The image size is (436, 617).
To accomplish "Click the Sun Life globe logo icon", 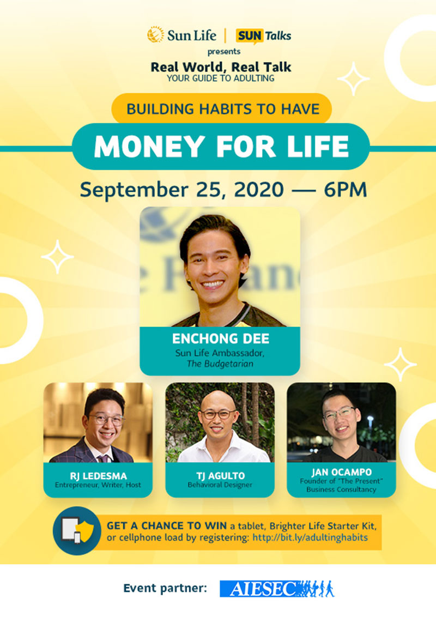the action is tap(156, 35).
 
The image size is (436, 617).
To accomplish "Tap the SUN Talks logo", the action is tap(263, 36).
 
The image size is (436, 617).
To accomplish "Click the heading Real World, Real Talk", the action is tap(221, 67).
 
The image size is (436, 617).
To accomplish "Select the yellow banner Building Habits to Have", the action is tap(221, 108).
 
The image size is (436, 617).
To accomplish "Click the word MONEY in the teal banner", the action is tap(149, 147).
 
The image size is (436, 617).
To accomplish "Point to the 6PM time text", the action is tap(346, 190).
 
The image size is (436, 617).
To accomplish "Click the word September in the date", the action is tap(134, 191).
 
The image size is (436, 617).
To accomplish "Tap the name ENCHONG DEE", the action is tap(220, 339).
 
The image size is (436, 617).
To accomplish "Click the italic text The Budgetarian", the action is tap(220, 364).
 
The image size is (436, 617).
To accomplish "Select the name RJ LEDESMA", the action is tap(98, 476).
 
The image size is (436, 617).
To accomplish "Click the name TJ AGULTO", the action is tap(220, 476).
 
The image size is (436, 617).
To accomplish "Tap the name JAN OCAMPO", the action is tap(341, 472).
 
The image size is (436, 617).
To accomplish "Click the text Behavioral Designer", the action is tap(220, 485).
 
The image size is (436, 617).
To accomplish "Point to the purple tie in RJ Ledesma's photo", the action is tap(104, 459).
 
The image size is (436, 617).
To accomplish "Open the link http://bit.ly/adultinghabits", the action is tap(310, 537).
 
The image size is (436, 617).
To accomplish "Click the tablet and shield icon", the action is tap(77, 530).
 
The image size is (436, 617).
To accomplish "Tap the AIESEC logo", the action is tap(277, 589).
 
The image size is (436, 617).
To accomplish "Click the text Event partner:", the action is tap(165, 588).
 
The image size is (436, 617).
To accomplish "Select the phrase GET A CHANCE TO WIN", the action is tap(167, 526).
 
